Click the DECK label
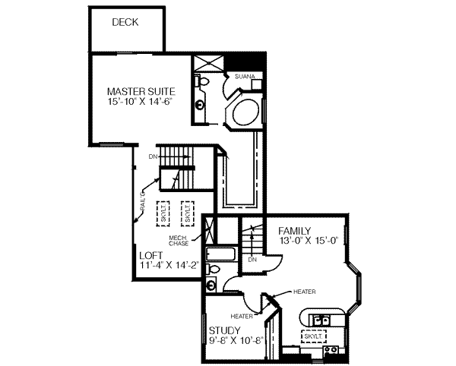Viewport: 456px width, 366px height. tap(125, 23)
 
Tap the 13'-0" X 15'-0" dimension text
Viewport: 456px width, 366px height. tap(302, 241)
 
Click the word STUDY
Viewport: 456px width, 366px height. tap(225, 330)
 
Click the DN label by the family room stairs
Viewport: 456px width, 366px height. tap(252, 260)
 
